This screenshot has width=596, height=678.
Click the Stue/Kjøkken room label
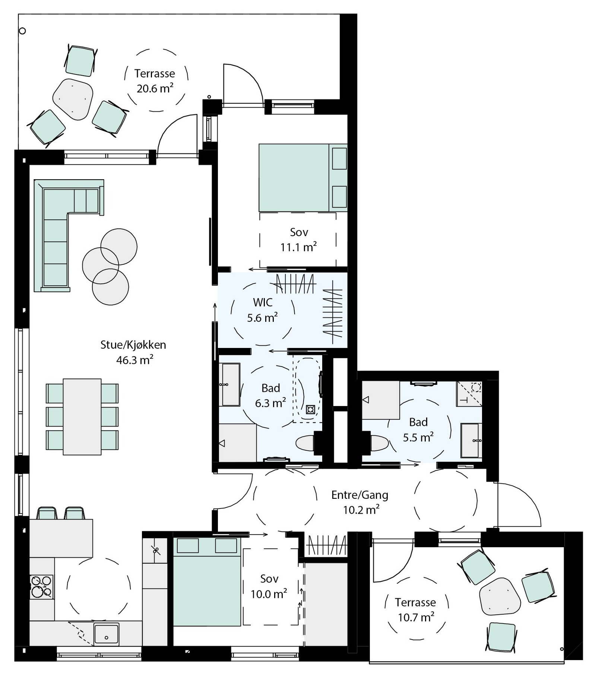pyautogui.click(x=133, y=345)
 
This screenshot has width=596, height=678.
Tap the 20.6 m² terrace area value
pyautogui.click(x=155, y=89)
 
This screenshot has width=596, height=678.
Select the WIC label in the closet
pyautogui.click(x=263, y=302)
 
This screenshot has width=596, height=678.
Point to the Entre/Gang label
pyautogui.click(x=359, y=495)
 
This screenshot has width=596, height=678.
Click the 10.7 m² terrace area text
pyautogui.click(x=416, y=618)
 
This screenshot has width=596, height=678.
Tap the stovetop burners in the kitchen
pyautogui.click(x=41, y=586)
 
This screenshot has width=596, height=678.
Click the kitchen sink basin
pyautogui.click(x=106, y=633)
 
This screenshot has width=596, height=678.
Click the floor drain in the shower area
pyautogui.click(x=310, y=410)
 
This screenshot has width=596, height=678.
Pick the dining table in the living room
pyautogui.click(x=82, y=416)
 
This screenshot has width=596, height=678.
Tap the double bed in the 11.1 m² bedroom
pyautogui.click(x=294, y=178)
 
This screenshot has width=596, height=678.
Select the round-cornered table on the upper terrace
pyautogui.click(x=73, y=99)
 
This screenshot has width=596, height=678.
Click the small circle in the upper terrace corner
pyautogui.click(x=22, y=31)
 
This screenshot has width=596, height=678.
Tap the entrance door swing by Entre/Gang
pyautogui.click(x=520, y=505)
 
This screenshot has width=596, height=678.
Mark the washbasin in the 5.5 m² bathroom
pyautogui.click(x=470, y=440)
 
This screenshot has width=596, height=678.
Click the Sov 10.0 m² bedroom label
pyautogui.click(x=269, y=586)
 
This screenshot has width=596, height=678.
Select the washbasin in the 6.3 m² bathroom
pyautogui.click(x=231, y=384)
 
